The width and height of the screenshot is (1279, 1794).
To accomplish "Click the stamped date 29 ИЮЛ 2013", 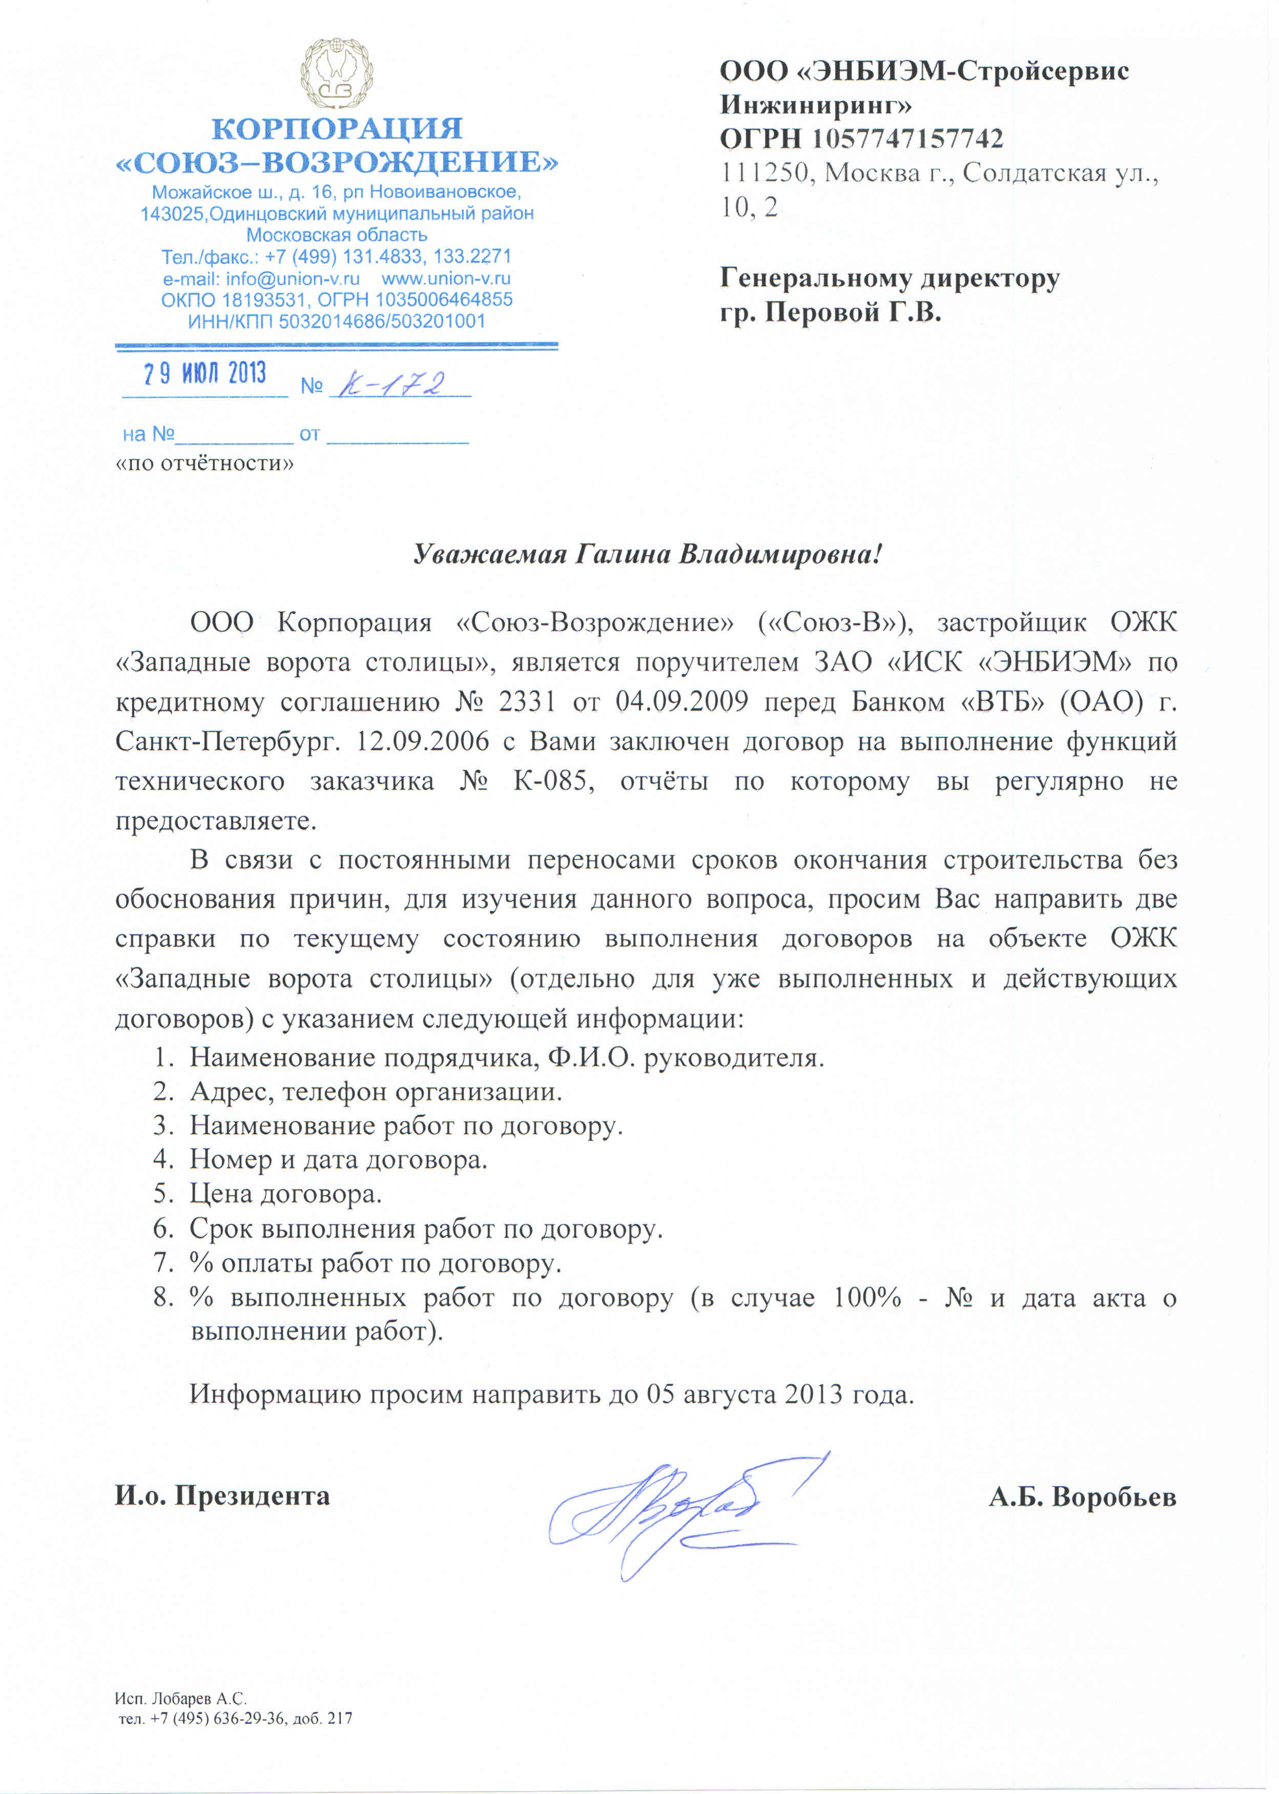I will [x=205, y=373].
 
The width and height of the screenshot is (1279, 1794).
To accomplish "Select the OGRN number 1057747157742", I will [x=907, y=139].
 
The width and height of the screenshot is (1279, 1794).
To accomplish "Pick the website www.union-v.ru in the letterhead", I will [x=446, y=279].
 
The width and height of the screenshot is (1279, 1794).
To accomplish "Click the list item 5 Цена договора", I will [x=285, y=1194].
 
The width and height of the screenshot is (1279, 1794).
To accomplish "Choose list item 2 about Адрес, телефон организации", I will [x=376, y=1092].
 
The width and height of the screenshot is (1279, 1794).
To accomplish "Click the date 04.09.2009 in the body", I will [x=681, y=702].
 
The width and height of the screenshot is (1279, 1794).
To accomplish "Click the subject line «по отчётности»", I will [x=205, y=463].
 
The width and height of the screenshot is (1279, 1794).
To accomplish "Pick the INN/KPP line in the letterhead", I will [x=336, y=321].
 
